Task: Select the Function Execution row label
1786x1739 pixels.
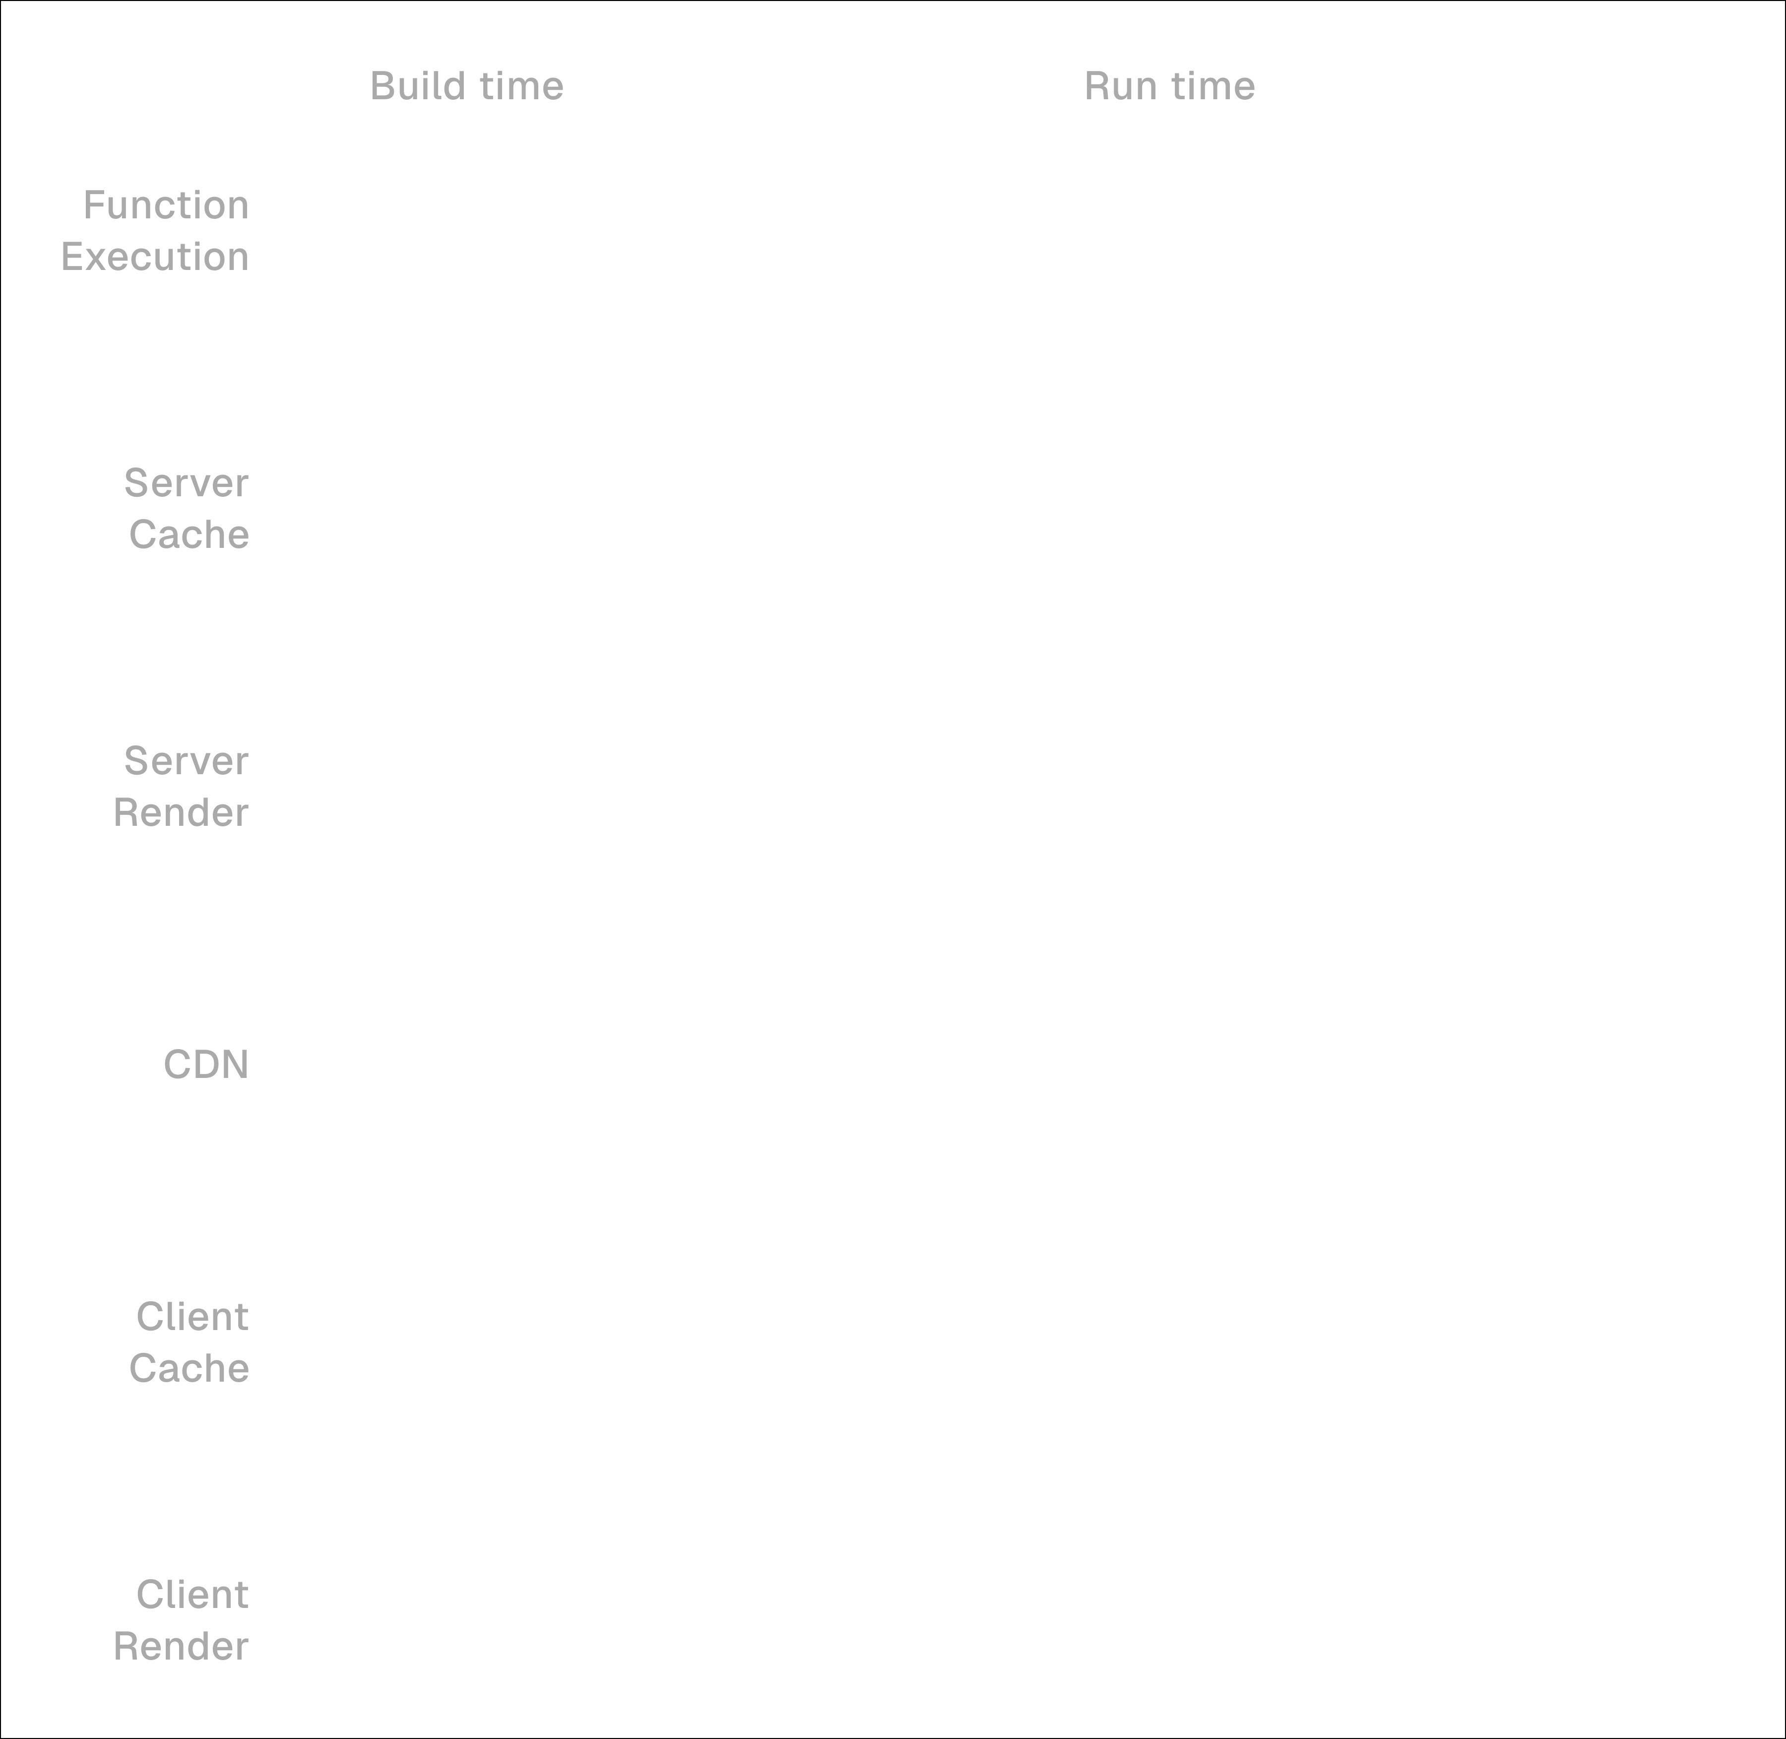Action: [x=155, y=230]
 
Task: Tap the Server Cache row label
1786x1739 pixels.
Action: [x=187, y=508]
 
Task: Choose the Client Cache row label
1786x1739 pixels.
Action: [x=190, y=1341]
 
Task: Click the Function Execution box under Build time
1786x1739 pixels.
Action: [x=606, y=230]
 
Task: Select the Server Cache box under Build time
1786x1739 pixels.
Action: [x=606, y=508]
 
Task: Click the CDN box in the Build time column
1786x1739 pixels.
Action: [x=606, y=1064]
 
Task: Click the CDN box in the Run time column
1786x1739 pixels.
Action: [x=1261, y=1064]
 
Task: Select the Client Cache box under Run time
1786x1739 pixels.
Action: [x=1261, y=1341]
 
